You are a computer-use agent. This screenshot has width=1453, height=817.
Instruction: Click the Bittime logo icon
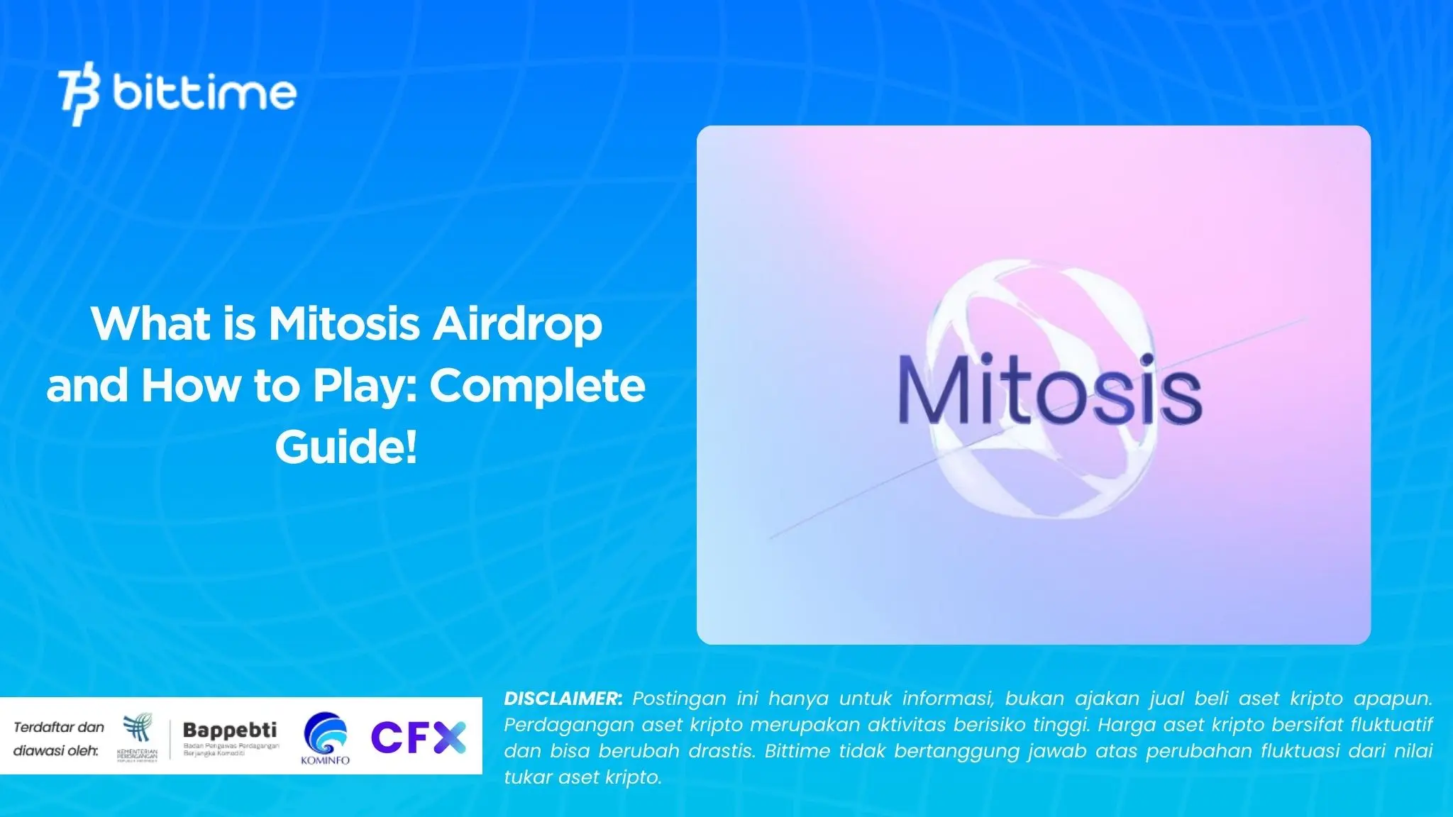(79, 94)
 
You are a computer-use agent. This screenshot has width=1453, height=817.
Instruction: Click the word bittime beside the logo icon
(204, 92)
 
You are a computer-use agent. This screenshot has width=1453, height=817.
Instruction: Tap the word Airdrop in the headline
(518, 325)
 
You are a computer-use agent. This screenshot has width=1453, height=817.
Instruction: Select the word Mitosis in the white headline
(344, 325)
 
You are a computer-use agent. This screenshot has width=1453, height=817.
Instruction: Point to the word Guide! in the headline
(346, 448)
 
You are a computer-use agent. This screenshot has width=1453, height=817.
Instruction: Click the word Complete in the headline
(538, 387)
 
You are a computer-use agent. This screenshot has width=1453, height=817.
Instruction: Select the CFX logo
(419, 738)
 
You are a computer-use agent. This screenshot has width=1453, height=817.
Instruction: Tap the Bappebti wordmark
(230, 730)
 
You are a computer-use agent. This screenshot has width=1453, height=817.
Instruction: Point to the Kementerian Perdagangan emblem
(137, 730)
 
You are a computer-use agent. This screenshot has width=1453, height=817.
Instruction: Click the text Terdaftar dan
(59, 727)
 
